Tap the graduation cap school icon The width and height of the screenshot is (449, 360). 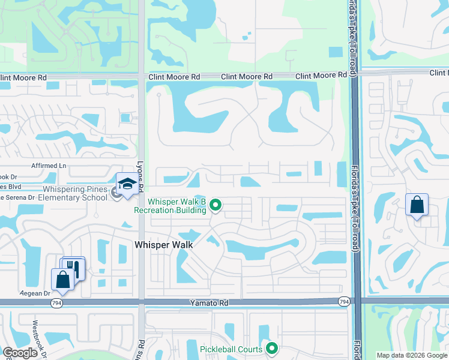127,184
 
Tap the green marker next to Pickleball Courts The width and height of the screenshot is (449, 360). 272,348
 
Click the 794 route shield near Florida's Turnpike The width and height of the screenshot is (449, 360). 343,301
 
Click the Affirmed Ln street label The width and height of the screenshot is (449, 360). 48,165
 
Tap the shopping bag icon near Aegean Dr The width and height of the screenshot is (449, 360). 62,278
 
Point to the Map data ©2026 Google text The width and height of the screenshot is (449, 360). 412,355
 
